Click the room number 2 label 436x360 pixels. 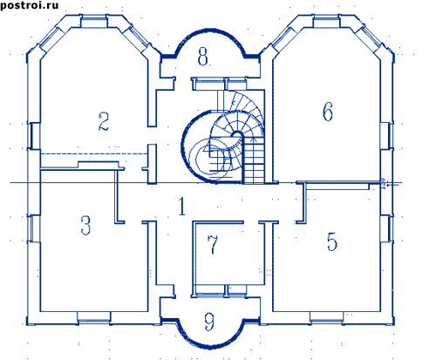[x=104, y=121]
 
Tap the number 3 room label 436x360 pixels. [x=85, y=225]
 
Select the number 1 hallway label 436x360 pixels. [x=182, y=206]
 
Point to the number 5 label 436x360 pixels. [x=332, y=241]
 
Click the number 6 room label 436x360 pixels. [x=328, y=112]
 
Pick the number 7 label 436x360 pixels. [x=213, y=244]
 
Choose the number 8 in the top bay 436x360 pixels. [x=203, y=56]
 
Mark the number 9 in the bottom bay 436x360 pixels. [x=209, y=322]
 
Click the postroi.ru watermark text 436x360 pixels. [x=30, y=5]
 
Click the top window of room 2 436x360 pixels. [x=94, y=23]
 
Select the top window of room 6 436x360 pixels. [x=327, y=23]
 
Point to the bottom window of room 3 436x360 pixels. [x=94, y=317]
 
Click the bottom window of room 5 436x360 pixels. [x=326, y=317]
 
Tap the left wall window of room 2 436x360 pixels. [x=34, y=136]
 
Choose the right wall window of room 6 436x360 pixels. [x=386, y=136]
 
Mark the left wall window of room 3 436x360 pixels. [x=34, y=228]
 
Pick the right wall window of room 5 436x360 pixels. [x=386, y=228]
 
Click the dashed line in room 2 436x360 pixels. [x=94, y=153]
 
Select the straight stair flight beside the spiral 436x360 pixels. [x=254, y=160]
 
